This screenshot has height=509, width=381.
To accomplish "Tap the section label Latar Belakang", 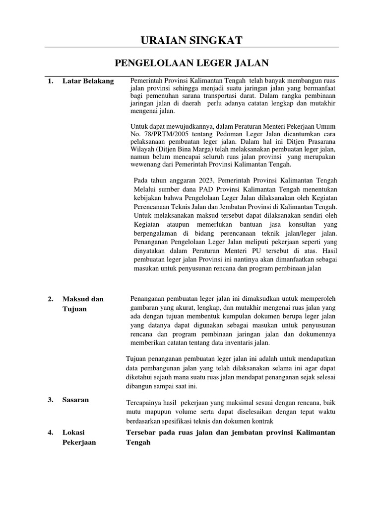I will point(88,81).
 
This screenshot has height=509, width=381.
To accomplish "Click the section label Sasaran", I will point(75,400).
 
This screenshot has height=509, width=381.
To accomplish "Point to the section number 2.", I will point(51,299).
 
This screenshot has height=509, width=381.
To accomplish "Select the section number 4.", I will point(51,432).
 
